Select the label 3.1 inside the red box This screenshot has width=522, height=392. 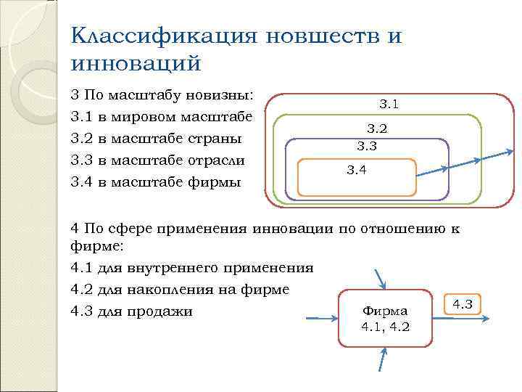[x=389, y=105]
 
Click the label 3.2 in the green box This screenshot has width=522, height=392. [x=377, y=129]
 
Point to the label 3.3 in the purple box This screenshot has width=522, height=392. [x=368, y=146]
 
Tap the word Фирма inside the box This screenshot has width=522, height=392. [x=385, y=311]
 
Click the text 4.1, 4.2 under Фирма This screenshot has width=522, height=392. [x=385, y=327]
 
